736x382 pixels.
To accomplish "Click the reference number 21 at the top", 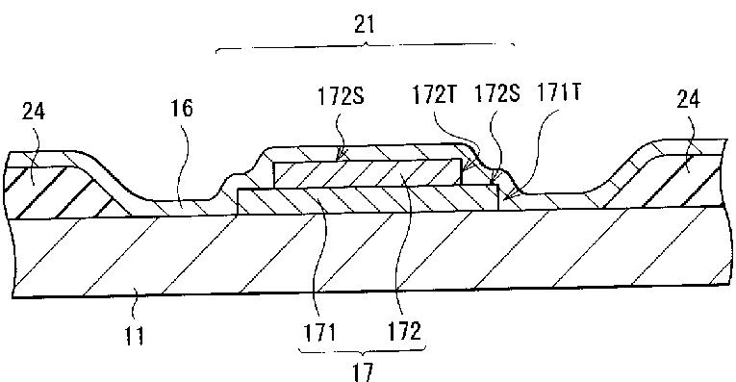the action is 365,24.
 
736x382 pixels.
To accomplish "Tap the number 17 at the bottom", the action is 363,371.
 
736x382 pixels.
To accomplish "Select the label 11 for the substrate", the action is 135,336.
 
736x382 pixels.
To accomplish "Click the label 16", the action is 182,108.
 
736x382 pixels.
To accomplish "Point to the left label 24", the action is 34,112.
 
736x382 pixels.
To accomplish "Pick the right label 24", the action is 688,99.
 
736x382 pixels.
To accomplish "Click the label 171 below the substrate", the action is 319,333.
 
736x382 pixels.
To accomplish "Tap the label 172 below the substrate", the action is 404,332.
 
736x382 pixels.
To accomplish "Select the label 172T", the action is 435,95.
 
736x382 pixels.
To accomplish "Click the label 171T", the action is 559,93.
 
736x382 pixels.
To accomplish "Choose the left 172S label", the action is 341,96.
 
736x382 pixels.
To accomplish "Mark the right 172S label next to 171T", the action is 497,93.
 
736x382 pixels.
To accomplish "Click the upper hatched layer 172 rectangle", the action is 368,172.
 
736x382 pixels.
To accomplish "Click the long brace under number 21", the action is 365,47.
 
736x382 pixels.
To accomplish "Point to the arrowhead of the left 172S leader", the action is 340,157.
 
